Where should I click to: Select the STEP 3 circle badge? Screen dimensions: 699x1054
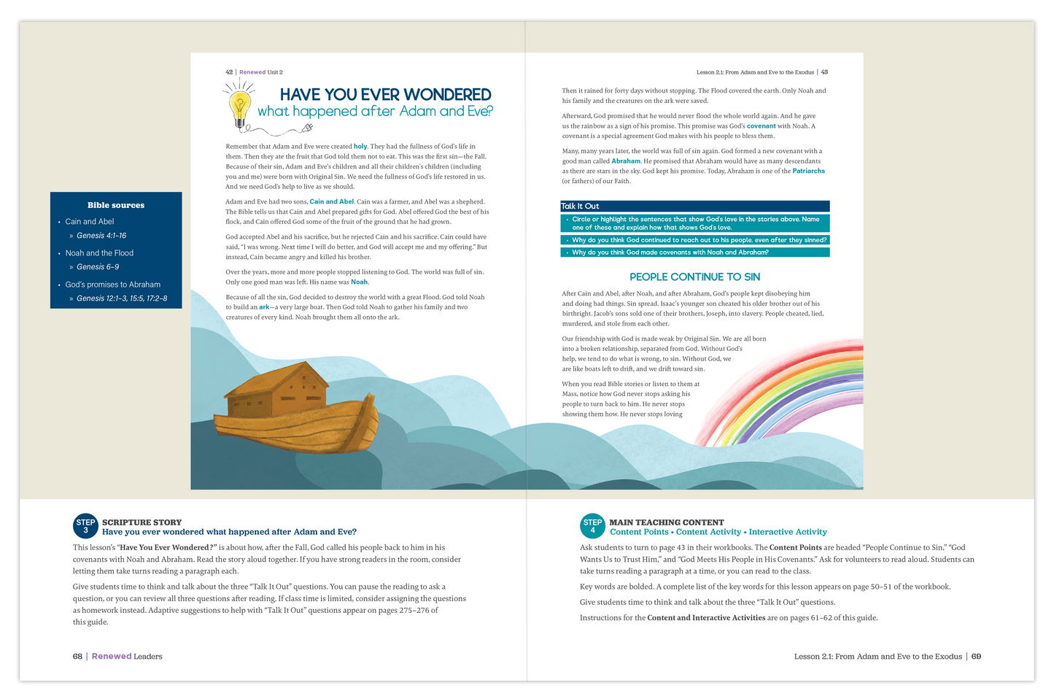click(85, 526)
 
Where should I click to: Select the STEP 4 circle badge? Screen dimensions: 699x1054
click(592, 526)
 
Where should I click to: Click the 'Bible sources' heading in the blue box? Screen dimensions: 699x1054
click(116, 206)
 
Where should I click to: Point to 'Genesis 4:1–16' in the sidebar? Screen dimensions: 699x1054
click(101, 236)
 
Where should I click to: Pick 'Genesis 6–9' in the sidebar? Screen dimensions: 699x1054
click(98, 267)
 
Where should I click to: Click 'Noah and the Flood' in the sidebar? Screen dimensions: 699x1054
click(99, 253)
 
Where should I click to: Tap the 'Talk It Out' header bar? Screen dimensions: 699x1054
click(694, 206)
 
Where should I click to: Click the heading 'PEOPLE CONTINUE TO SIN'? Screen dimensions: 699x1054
click(694, 277)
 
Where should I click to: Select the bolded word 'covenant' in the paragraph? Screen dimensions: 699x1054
click(761, 126)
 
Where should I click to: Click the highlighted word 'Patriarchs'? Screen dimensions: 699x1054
click(808, 171)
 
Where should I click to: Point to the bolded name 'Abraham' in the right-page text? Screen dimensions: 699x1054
click(626, 161)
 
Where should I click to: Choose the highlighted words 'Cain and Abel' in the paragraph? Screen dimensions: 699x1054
click(332, 202)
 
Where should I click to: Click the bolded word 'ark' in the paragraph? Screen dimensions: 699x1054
click(264, 307)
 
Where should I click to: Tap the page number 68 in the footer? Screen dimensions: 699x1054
click(77, 657)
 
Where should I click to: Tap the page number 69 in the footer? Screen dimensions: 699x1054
click(976, 657)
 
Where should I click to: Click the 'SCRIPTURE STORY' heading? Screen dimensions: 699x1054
click(142, 522)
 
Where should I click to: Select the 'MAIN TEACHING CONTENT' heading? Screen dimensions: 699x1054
click(667, 522)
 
